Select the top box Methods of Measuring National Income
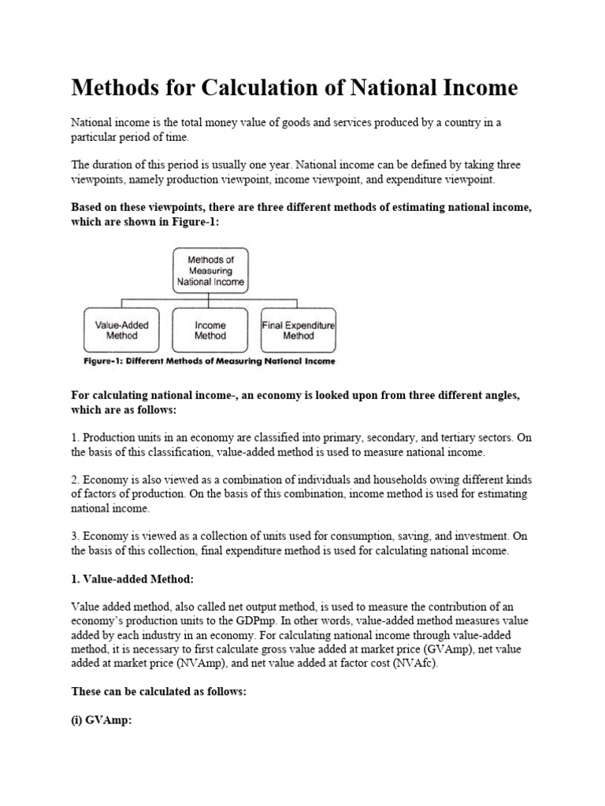(x=210, y=270)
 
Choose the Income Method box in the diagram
(x=210, y=329)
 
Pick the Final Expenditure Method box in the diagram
(x=298, y=329)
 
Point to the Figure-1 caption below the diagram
(x=209, y=361)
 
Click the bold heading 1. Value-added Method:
(x=132, y=579)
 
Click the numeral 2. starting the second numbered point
(x=76, y=480)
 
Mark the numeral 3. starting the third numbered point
(x=76, y=536)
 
